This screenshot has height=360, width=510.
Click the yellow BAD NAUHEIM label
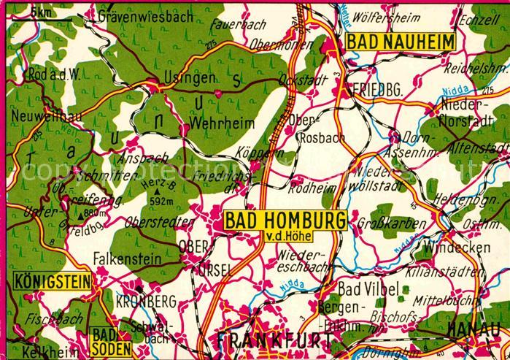coord(400,42)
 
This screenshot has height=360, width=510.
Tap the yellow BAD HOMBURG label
coord(283,220)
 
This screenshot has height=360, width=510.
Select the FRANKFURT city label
coord(273,341)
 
